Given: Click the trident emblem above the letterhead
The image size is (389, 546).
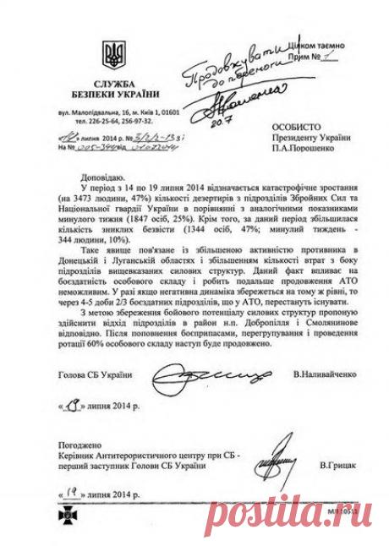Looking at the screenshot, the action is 112,57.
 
